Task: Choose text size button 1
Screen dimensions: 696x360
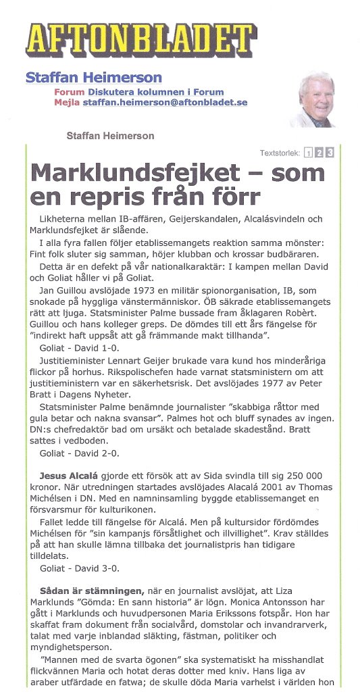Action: [307, 153]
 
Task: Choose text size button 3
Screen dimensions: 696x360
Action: [330, 153]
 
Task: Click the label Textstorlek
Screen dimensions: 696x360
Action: [280, 153]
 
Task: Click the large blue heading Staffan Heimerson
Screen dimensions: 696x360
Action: [93, 78]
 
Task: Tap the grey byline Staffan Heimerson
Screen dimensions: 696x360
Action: [110, 136]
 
